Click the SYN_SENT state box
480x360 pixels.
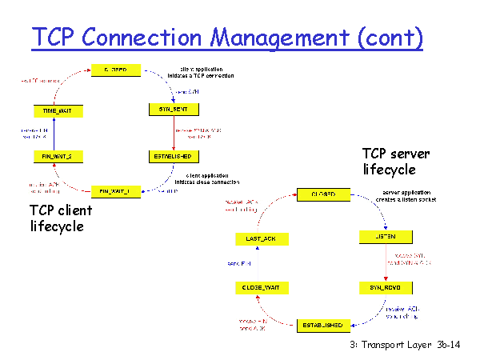[x=173, y=108]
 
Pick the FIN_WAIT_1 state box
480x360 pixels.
[x=116, y=191]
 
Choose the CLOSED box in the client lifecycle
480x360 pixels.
[x=116, y=70]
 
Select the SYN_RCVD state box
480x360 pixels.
[x=385, y=286]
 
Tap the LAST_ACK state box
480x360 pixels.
[x=261, y=238]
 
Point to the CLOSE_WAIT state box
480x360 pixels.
[x=261, y=286]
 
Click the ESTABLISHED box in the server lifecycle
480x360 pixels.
[x=322, y=325]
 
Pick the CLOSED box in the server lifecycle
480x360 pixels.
[x=322, y=194]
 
